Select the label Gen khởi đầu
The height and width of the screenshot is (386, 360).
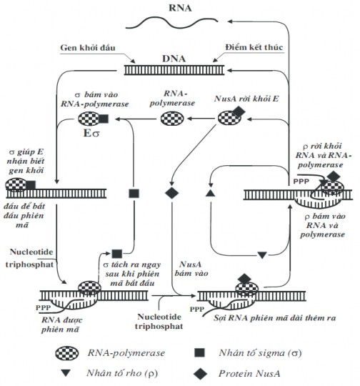(88, 47)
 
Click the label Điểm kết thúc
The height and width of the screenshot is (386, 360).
(254, 47)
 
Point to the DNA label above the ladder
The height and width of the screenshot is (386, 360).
(174, 59)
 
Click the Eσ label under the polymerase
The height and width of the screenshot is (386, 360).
(91, 134)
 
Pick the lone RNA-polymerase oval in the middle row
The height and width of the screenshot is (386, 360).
(172, 119)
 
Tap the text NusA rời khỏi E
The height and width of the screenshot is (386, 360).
(246, 99)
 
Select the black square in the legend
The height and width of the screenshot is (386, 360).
(199, 352)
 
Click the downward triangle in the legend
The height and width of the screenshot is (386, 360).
(66, 373)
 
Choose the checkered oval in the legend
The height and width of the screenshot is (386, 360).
(67, 353)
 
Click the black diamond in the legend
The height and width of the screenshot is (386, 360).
(200, 373)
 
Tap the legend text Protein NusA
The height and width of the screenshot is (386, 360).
(249, 373)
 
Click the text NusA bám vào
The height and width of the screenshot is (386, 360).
(191, 269)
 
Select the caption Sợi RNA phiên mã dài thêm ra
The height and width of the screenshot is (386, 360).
(274, 318)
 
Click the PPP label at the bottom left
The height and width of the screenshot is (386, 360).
(43, 307)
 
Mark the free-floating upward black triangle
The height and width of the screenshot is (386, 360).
(210, 193)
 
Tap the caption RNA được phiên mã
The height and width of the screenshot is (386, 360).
(61, 325)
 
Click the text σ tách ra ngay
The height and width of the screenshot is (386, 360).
(132, 264)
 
